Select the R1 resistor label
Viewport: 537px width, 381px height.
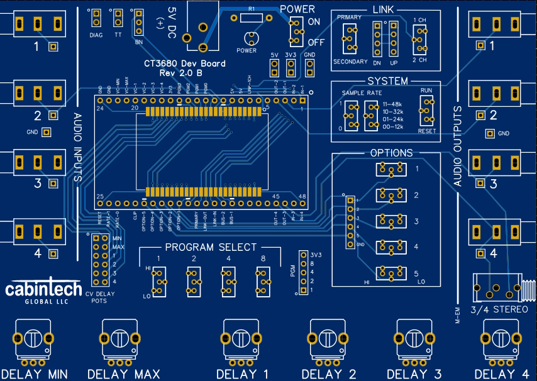coord(252,9)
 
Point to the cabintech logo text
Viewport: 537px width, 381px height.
coord(43,289)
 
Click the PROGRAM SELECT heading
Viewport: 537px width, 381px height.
coord(211,247)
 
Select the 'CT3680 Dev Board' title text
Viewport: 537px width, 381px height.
coord(184,64)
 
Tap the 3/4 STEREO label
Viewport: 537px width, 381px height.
coord(500,309)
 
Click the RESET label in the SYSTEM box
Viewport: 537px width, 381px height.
coord(427,131)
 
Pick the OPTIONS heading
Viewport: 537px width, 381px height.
coord(391,153)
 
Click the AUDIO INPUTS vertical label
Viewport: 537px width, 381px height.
coord(78,147)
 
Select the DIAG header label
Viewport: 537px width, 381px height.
coord(96,35)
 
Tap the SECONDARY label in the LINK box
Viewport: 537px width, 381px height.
coord(350,62)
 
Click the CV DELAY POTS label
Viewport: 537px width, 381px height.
coord(102,297)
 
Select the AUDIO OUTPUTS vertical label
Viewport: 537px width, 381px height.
coord(457,147)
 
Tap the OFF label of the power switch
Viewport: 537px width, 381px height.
coord(316,42)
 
